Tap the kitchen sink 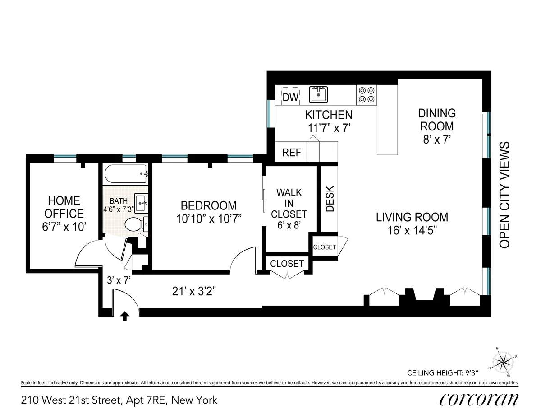pos(318,95)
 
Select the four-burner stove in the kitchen pos(366,94)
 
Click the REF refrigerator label pos(291,153)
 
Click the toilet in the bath pos(135,223)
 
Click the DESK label pos(330,199)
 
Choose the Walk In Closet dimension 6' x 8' pos(289,224)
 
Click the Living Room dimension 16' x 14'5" pos(412,230)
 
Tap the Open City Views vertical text pos(504,195)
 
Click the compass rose pos(504,362)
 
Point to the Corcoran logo pos(478,400)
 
